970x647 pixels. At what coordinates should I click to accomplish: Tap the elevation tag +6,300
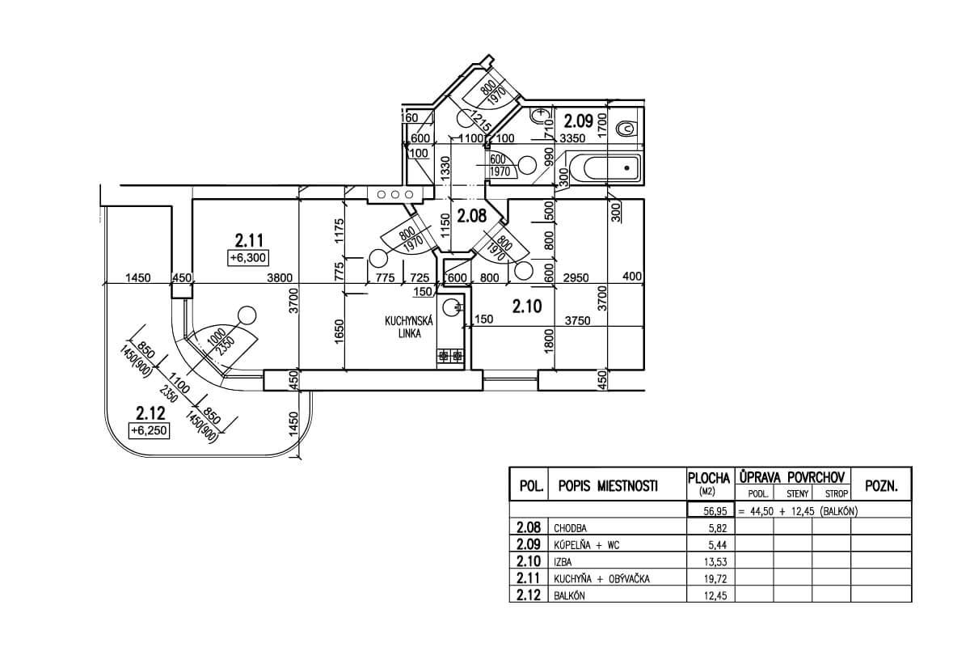point(248,258)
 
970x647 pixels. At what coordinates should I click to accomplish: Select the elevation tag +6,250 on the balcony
point(148,431)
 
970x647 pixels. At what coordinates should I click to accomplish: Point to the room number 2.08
point(470,217)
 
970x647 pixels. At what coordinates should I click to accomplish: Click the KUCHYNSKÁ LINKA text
point(410,327)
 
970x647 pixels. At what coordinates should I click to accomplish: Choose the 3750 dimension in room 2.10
point(577,320)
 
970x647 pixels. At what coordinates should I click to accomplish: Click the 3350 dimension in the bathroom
point(572,138)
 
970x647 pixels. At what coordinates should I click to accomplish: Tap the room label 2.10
point(526,307)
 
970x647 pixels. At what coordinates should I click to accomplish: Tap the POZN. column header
point(882,486)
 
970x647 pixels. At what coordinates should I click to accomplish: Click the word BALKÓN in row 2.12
point(569,596)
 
